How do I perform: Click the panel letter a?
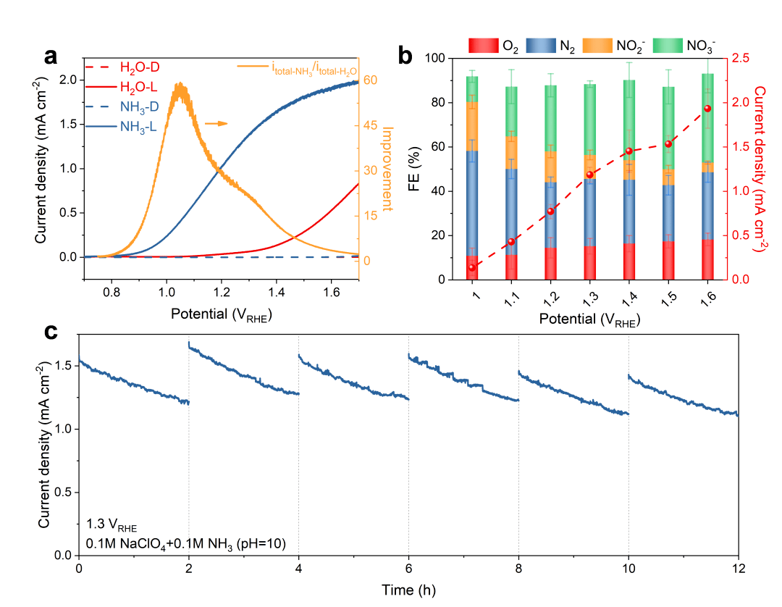click(50, 57)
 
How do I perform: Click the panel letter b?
click(407, 56)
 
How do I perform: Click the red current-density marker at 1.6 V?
click(707, 109)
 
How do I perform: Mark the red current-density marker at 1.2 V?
click(550, 212)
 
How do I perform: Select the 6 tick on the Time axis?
click(408, 567)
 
